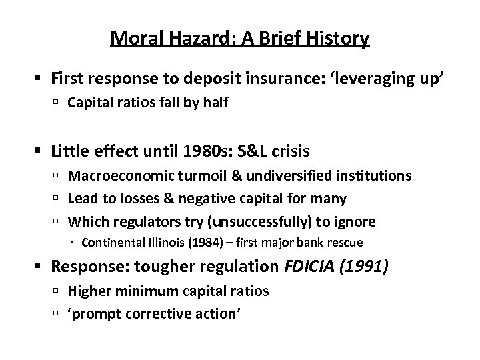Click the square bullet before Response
tap(41, 267)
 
